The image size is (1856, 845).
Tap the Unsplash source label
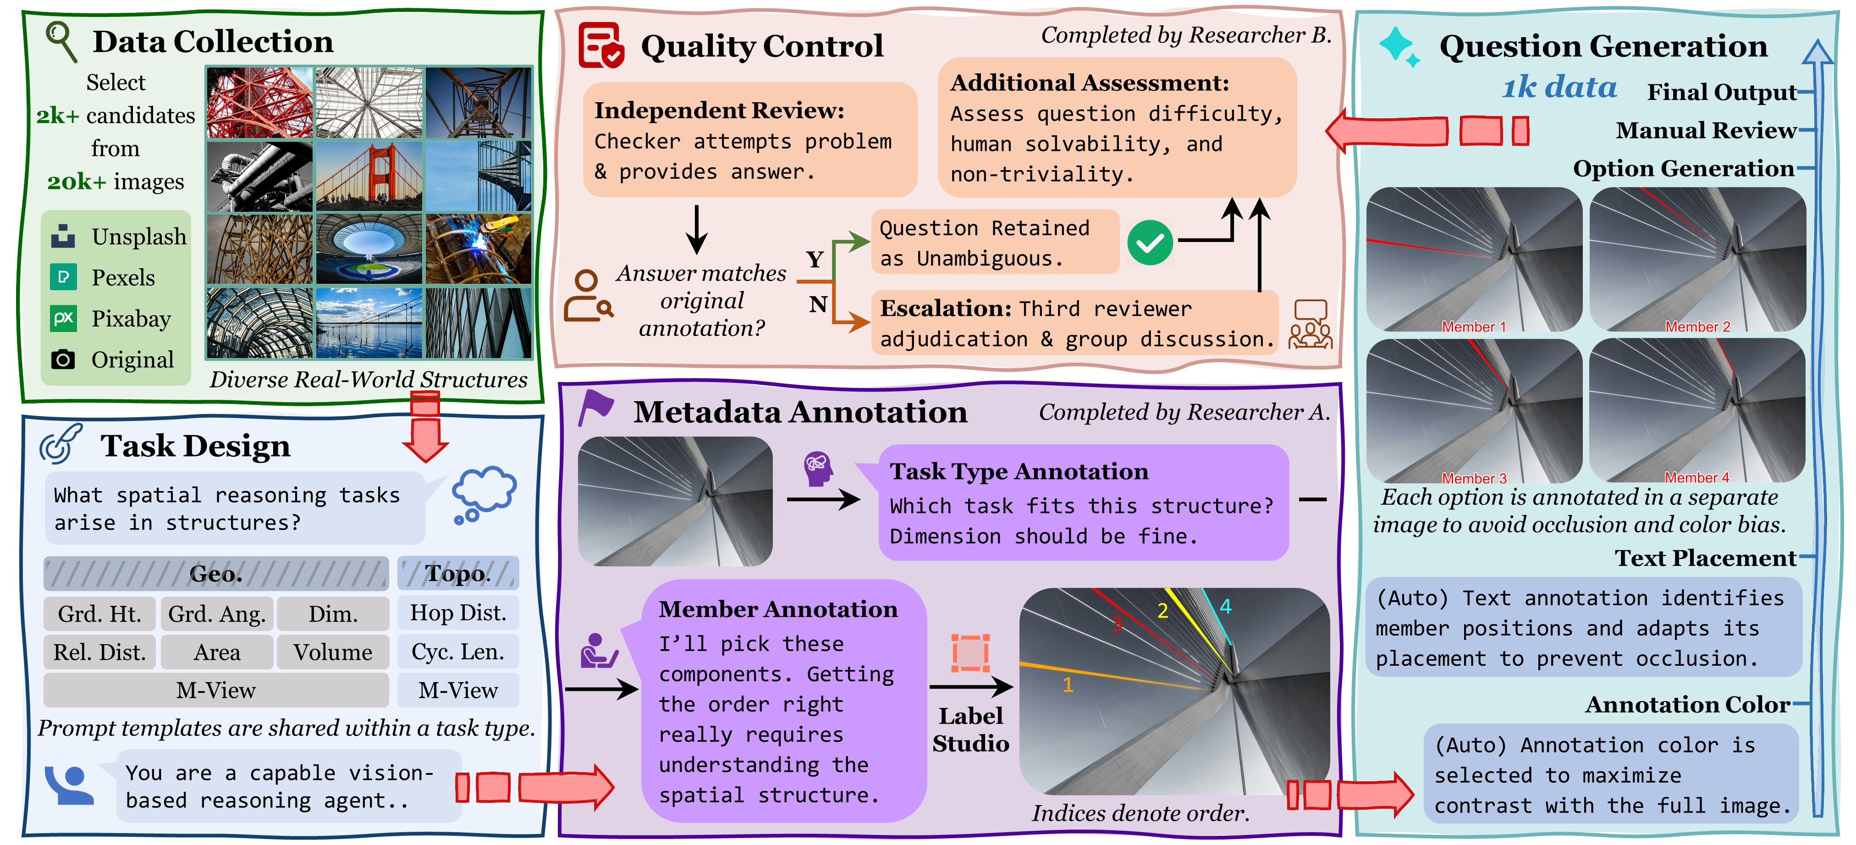138,237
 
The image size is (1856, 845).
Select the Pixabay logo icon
63,318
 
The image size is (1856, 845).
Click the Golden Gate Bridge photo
369,176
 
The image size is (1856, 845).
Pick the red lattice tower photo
259,102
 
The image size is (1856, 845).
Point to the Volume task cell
333,652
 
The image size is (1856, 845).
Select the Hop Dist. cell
458,613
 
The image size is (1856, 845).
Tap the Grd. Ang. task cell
217,614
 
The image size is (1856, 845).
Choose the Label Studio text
970,729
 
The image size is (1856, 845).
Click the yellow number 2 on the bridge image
1162,611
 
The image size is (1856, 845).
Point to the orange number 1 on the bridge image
1068,685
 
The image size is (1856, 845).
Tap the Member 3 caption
1473,478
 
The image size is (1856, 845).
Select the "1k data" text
1559,87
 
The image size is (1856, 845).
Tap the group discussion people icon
1310,325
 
